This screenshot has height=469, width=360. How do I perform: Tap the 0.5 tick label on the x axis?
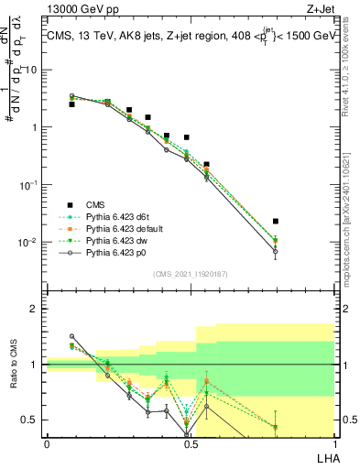[190, 443]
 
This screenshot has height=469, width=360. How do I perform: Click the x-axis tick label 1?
[334, 443]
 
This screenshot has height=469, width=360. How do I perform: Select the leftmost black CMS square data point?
[72, 104]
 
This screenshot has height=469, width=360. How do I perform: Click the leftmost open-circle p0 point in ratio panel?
[72, 336]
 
